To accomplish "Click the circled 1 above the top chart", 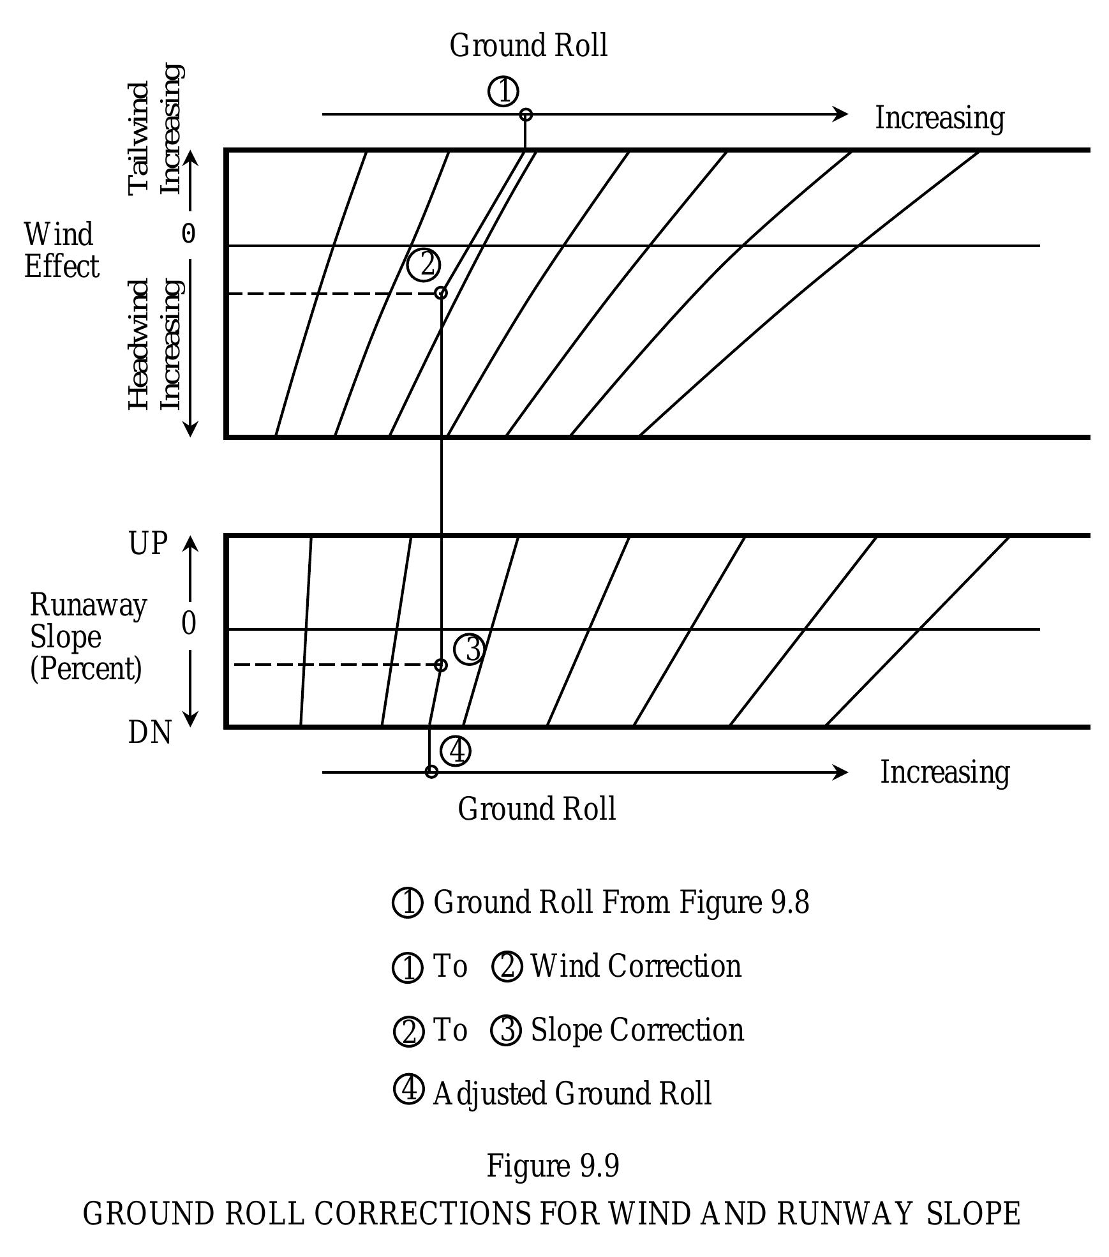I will coord(503,91).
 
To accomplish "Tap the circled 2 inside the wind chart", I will coord(424,264).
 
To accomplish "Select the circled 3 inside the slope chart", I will coord(470,649).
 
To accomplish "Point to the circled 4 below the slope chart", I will coord(456,751).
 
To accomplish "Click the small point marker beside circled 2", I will coord(440,293).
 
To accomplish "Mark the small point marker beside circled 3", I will coord(440,665).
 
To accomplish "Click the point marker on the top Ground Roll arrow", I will coord(525,115).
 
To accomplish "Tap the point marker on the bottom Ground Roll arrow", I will coord(431,772).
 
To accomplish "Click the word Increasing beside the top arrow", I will coord(939,118).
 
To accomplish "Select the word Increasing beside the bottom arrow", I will coord(944,772).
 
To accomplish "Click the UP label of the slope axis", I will coord(148,544).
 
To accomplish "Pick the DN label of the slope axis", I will coord(149,733).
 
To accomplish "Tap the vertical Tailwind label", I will coord(139,137).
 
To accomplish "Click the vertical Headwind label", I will coord(139,345).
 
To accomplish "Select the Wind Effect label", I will coord(61,250).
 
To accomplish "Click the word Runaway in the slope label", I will coord(88,605).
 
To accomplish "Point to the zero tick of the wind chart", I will coord(188,234).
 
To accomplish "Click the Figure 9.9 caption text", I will coord(553,1166).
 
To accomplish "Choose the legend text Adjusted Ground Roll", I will coord(572,1094).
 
